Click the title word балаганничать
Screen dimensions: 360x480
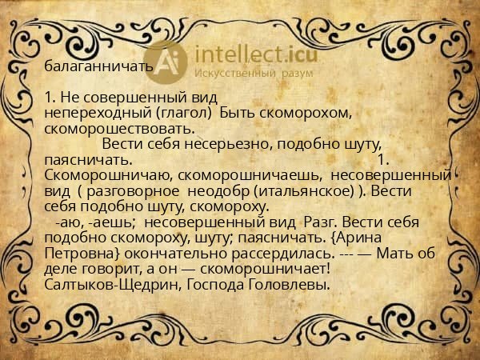98,66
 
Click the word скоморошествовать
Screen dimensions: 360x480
120,128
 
